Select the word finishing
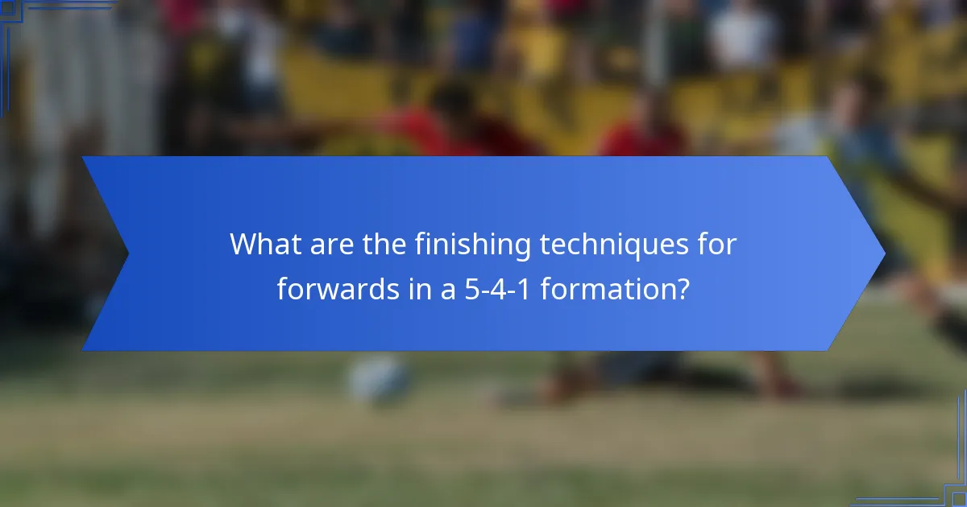pos(472,245)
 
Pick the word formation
pos(604,289)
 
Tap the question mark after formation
pos(682,289)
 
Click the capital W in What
pos(245,244)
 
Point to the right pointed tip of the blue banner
pos(883,253)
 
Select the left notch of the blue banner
pos(127,253)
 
